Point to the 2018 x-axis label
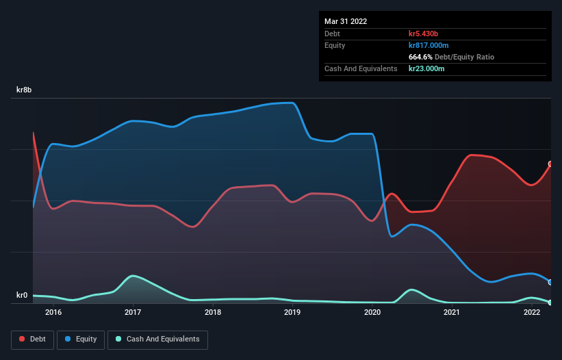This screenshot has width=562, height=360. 213,313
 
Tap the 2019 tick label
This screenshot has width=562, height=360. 292,313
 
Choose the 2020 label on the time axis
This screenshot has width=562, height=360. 372,313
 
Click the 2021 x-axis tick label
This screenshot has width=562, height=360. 452,313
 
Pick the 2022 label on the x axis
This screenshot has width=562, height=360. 532,313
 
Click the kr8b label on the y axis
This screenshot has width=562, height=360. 25,90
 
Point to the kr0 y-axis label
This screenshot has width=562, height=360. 23,296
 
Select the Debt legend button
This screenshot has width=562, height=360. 33,339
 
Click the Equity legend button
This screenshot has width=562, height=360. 81,339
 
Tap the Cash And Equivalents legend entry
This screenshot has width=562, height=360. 157,339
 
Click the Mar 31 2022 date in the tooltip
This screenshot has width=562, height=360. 346,21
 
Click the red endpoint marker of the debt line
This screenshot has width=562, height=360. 550,164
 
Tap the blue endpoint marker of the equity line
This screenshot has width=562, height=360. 550,282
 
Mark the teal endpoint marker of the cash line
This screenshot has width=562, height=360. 550,303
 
